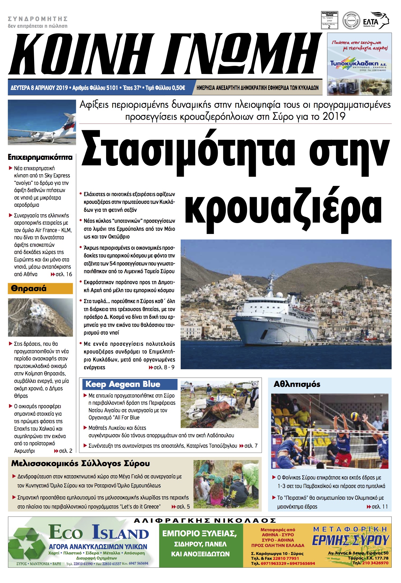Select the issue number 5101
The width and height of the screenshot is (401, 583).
pyautogui.click(x=112, y=88)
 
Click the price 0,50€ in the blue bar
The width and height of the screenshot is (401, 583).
pyautogui.click(x=178, y=88)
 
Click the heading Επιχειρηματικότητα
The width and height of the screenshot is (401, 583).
pyautogui.click(x=40, y=157)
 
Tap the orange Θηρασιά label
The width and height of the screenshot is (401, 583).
pyautogui.click(x=29, y=288)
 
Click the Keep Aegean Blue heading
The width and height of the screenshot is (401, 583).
pyautogui.click(x=123, y=384)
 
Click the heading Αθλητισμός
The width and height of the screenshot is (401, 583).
pyautogui.click(x=297, y=384)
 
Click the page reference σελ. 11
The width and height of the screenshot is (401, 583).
pyautogui.click(x=379, y=506)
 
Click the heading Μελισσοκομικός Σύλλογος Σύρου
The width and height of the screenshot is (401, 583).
pyautogui.click(x=80, y=463)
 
